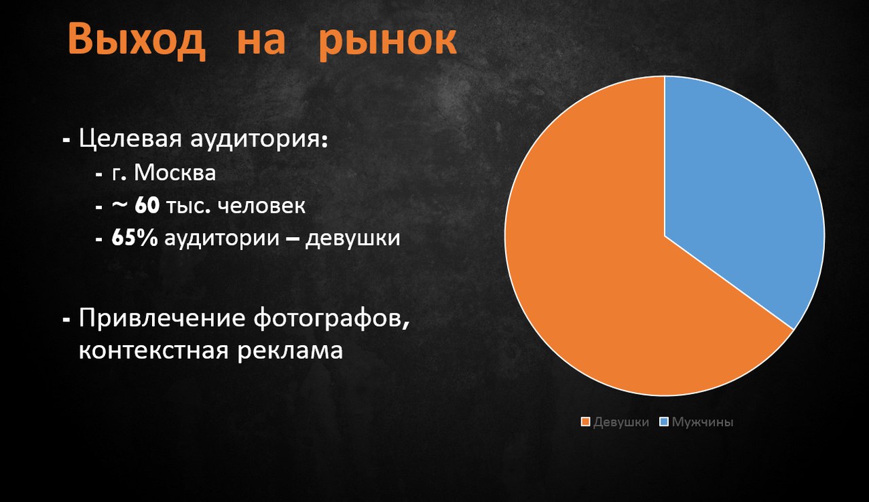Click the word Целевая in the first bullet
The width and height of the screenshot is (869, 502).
(x=130, y=138)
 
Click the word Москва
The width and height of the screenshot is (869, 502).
(x=175, y=173)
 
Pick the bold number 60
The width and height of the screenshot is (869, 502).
(x=147, y=205)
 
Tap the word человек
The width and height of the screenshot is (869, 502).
(x=261, y=206)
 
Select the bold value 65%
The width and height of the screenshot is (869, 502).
(x=134, y=238)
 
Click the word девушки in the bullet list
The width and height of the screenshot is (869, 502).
(x=352, y=238)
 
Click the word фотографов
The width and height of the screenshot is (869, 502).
(x=332, y=319)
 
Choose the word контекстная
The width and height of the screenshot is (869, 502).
(x=153, y=351)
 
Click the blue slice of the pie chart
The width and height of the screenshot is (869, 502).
(x=737, y=186)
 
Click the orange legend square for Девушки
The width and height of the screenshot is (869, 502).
(x=585, y=422)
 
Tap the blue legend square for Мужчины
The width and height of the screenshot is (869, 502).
(x=664, y=422)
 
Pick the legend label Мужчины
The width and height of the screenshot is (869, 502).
(x=703, y=422)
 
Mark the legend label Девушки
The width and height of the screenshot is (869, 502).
(x=621, y=423)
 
